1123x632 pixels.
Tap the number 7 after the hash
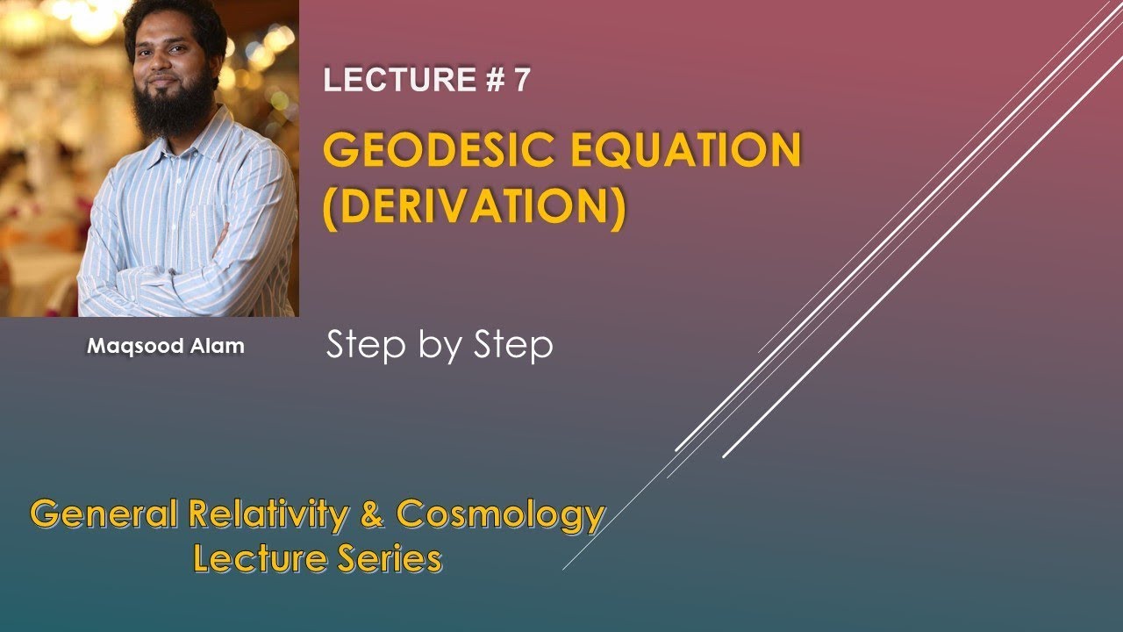pyautogui.click(x=522, y=80)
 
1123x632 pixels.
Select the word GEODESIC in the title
pyautogui.click(x=439, y=151)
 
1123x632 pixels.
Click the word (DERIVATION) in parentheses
pyautogui.click(x=475, y=209)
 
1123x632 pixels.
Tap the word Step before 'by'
pyautogui.click(x=361, y=346)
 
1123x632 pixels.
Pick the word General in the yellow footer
pyautogui.click(x=104, y=514)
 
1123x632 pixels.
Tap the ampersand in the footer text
pyautogui.click(x=373, y=514)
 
